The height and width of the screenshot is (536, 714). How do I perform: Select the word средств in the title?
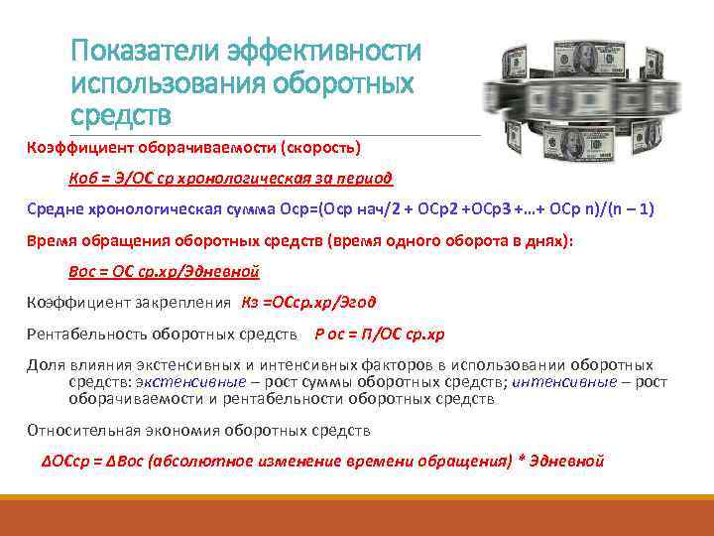(x=120, y=115)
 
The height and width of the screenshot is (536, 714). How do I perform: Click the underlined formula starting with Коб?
(x=230, y=179)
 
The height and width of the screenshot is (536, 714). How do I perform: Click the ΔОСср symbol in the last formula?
(x=60, y=461)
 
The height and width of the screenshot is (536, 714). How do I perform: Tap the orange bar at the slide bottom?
(x=357, y=517)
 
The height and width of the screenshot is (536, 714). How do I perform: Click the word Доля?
(x=43, y=364)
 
